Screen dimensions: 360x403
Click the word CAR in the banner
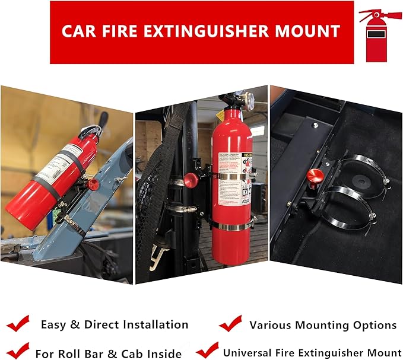80,31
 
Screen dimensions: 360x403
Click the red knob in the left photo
93,184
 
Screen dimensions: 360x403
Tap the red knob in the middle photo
191,180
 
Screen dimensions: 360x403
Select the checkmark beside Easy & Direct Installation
18,324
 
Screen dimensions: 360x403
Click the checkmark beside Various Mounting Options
230,324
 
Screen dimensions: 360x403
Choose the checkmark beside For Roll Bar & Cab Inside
18,351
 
